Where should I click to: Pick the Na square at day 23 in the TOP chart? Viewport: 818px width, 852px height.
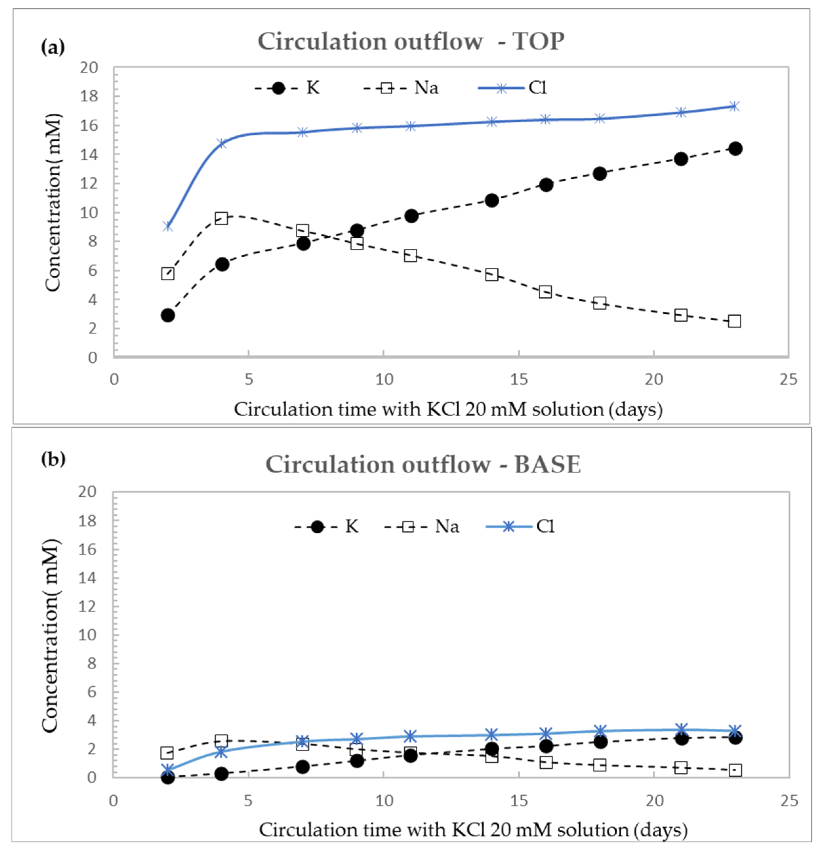(734, 321)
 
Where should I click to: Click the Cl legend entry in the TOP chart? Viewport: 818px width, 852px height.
(512, 88)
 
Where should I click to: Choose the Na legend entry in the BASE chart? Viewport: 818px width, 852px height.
(422, 526)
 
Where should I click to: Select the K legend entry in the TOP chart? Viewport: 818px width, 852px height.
(287, 88)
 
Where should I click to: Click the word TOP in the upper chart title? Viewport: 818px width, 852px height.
(539, 42)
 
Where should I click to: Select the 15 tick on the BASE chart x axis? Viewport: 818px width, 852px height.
(519, 800)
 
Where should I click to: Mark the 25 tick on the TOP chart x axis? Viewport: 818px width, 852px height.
(788, 380)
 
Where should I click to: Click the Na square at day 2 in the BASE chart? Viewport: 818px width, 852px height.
(167, 752)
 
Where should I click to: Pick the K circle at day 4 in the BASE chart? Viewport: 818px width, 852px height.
(221, 773)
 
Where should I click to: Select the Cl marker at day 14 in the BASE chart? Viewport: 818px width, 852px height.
(491, 735)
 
